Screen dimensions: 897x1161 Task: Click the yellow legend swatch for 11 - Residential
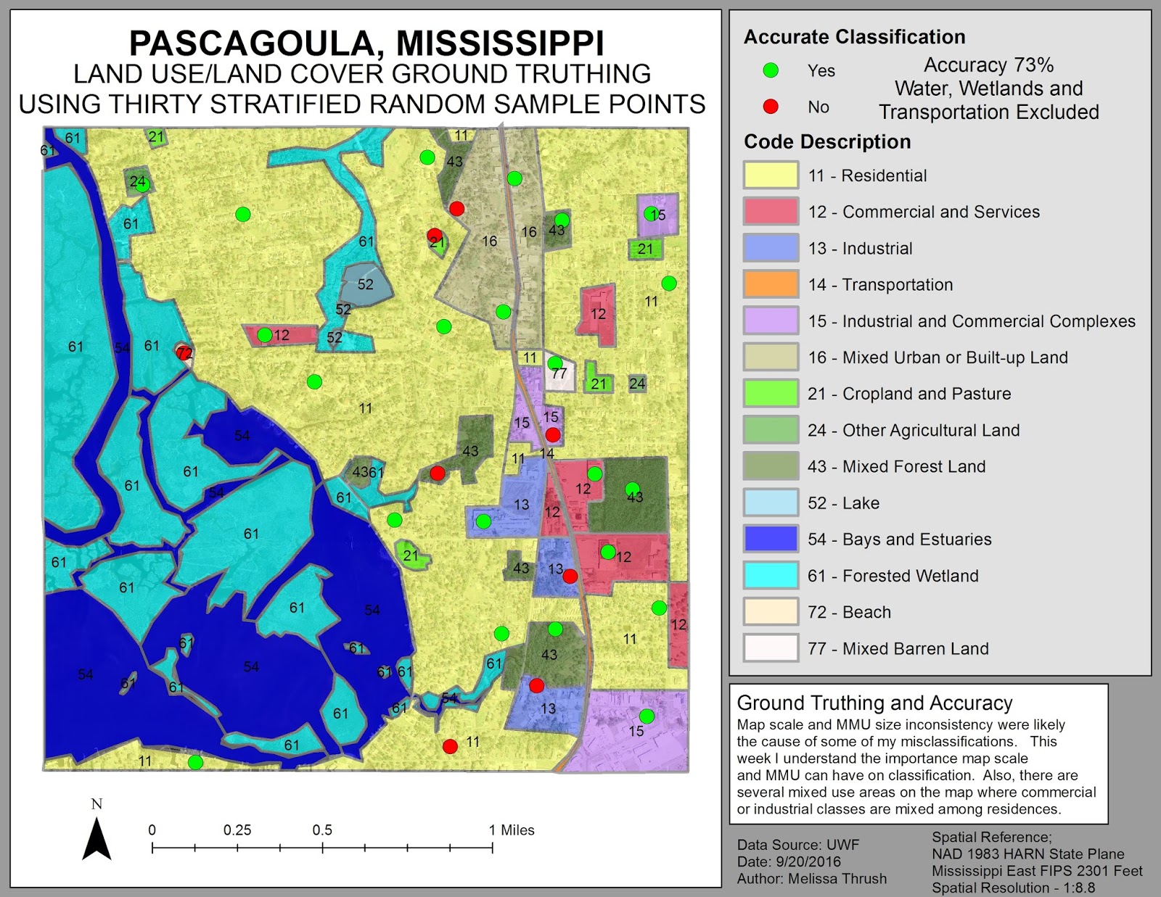(770, 175)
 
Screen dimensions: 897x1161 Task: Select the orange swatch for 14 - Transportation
(770, 284)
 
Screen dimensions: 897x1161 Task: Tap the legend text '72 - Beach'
(849, 612)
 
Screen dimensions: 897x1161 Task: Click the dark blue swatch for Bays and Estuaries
(770, 539)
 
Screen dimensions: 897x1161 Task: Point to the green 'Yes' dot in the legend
(771, 70)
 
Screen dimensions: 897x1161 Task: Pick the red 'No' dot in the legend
(771, 107)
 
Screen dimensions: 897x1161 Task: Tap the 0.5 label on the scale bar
(322, 830)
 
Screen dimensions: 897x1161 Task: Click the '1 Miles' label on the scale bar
(512, 830)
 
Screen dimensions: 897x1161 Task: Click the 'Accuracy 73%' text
(988, 65)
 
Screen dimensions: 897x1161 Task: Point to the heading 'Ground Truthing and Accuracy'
(874, 703)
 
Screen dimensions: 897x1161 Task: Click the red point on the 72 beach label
(183, 352)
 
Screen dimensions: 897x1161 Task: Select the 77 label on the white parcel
(559, 373)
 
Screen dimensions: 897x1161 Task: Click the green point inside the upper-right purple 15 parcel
(650, 213)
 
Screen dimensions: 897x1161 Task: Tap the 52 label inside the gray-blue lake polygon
(365, 284)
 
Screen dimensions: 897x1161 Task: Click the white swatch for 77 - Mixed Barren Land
(770, 648)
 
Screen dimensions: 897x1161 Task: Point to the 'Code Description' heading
(827, 141)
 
